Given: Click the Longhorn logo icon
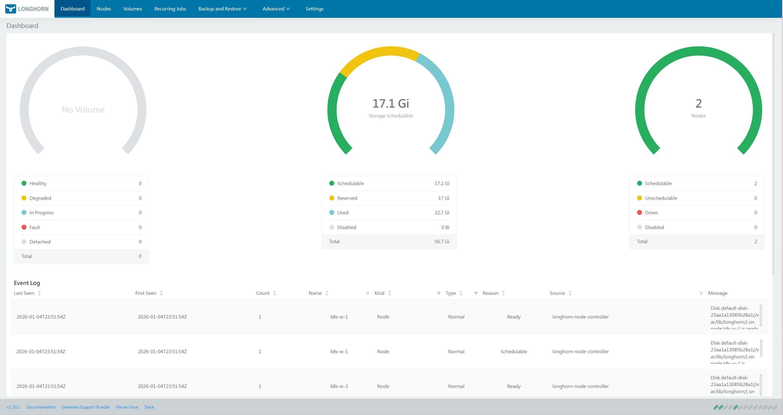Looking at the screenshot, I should pos(10,9).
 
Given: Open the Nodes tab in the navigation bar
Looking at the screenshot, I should pos(104,9).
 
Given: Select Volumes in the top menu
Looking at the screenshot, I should pos(132,9).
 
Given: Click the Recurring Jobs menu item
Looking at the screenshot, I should pos(170,9).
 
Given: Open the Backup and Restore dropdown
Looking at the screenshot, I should pos(222,9).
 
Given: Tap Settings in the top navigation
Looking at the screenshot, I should pos(314,9).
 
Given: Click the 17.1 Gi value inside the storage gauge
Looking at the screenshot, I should pos(391,104).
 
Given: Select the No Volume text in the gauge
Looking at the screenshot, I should pos(83,109).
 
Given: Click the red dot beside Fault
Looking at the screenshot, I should pos(24,227).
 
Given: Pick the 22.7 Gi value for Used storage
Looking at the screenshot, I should pos(442,212).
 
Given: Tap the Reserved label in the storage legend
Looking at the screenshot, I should pos(347,198).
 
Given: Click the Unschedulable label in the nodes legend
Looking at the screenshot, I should pos(661,198).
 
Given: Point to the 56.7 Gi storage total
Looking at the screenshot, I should pos(442,241).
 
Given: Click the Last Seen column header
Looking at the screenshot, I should pos(24,293).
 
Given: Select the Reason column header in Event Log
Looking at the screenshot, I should pos(490,293).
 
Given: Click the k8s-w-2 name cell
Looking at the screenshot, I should pos(339,386).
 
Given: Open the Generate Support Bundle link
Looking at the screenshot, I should pos(86,407).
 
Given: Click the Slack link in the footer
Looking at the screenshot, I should pos(149,407).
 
